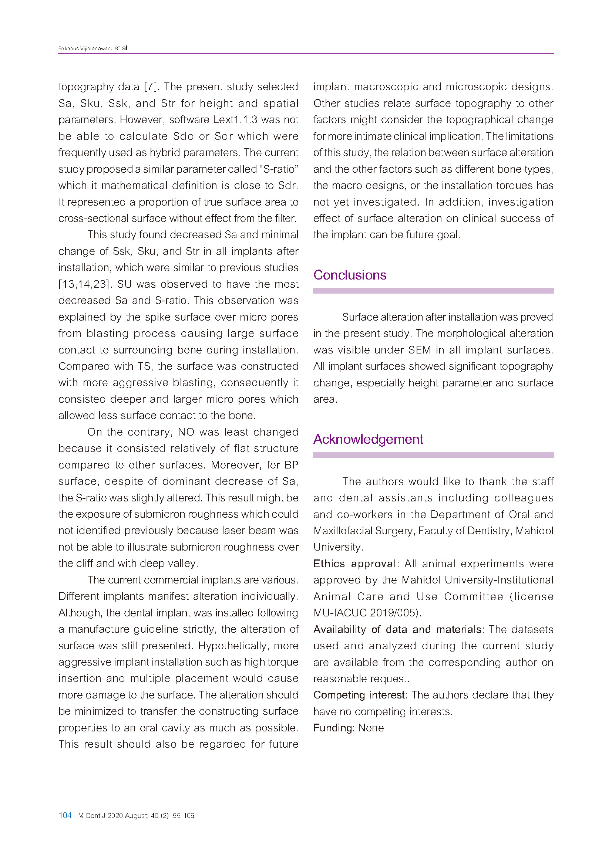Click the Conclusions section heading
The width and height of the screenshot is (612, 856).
(349, 275)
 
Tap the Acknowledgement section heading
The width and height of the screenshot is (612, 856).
(368, 440)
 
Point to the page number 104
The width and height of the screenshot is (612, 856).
(65, 815)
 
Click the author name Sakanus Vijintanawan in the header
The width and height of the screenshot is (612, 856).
(85, 48)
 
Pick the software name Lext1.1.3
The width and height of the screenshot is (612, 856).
(236, 120)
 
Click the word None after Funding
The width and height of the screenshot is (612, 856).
(371, 728)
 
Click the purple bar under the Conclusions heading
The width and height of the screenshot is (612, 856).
(433, 291)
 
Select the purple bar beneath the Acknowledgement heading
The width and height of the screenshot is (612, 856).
(433, 455)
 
